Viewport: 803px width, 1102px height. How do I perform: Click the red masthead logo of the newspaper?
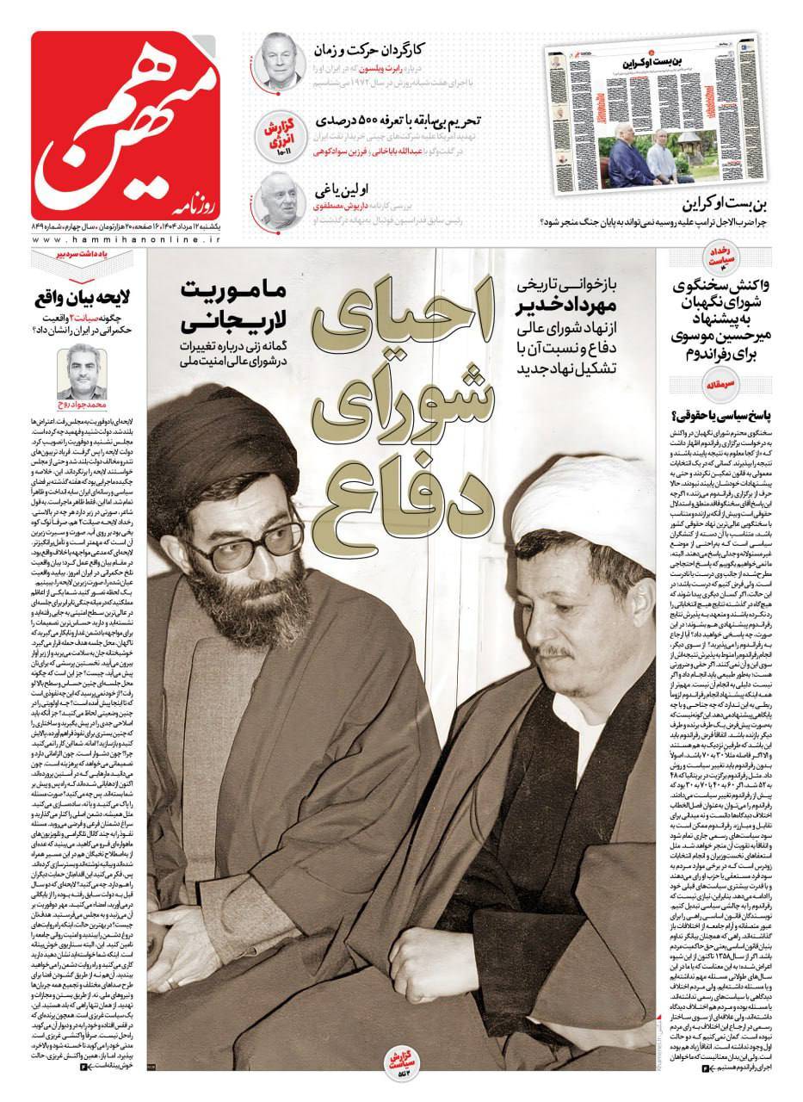pyautogui.click(x=129, y=125)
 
